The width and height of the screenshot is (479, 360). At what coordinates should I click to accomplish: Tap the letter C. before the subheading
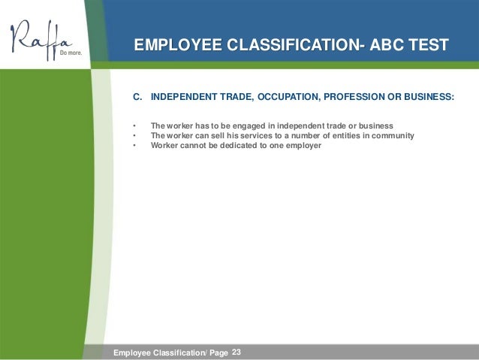point(137,97)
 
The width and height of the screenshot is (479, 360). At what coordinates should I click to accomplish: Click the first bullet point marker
point(134,126)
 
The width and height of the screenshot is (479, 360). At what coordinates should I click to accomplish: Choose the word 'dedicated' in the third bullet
point(236,146)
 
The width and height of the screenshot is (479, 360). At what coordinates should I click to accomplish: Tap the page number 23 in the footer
point(237,352)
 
